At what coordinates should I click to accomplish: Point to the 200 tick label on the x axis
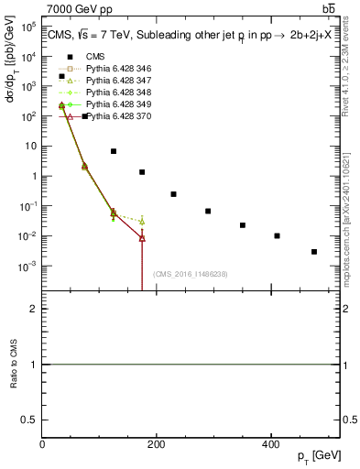[156, 443]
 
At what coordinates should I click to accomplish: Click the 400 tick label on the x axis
[269, 443]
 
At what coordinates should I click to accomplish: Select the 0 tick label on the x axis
[42, 443]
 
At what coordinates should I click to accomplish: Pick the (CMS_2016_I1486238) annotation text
[190, 274]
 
